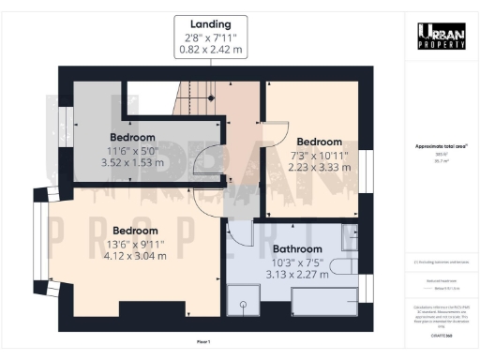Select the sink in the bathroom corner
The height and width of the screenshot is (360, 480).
pos(350,239)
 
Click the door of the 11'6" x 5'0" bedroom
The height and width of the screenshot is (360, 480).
pos(212,160)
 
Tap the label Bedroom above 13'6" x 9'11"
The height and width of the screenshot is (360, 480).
pos(136,230)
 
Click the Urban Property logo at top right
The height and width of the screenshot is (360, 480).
pos(441,36)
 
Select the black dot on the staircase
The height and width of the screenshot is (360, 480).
pos(212,97)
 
